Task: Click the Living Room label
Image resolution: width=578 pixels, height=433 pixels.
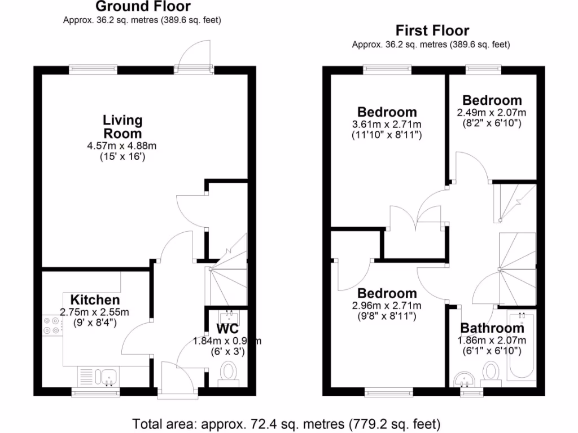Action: click(122, 127)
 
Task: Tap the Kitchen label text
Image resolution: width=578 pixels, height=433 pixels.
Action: click(95, 300)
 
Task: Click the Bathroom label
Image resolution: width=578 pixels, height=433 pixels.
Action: click(492, 328)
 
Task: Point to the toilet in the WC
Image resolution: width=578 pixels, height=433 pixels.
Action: click(229, 373)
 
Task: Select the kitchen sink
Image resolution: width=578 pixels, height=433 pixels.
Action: click(104, 376)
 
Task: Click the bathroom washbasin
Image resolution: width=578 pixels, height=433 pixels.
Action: click(466, 377)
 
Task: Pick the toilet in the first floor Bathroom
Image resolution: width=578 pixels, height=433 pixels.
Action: click(491, 373)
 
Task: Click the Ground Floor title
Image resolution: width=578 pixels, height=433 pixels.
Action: click(143, 7)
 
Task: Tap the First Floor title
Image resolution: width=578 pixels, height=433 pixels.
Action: click(432, 30)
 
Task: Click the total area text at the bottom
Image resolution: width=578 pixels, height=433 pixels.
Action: click(286, 423)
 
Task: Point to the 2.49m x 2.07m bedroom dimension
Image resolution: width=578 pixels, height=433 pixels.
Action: click(491, 112)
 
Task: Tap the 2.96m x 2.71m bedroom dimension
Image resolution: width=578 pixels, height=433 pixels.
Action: click(387, 306)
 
